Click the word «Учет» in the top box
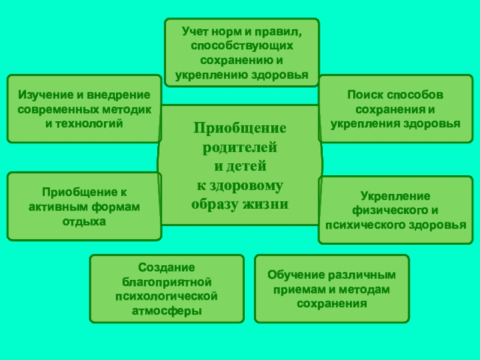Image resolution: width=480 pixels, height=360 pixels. pyautogui.click(x=197, y=31)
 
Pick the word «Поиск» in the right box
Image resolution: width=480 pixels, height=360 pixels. pyautogui.click(x=364, y=95)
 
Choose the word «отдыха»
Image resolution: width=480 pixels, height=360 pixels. pyautogui.click(x=84, y=221)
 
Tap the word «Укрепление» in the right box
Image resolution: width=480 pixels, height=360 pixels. pyautogui.click(x=395, y=196)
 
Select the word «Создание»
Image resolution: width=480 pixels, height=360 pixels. pyautogui.click(x=167, y=267)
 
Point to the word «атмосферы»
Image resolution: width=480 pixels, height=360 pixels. pyautogui.click(x=167, y=311)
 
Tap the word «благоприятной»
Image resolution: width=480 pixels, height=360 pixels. pyautogui.click(x=167, y=281)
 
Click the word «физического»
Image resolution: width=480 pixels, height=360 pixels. pyautogui.click(x=385, y=211)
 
